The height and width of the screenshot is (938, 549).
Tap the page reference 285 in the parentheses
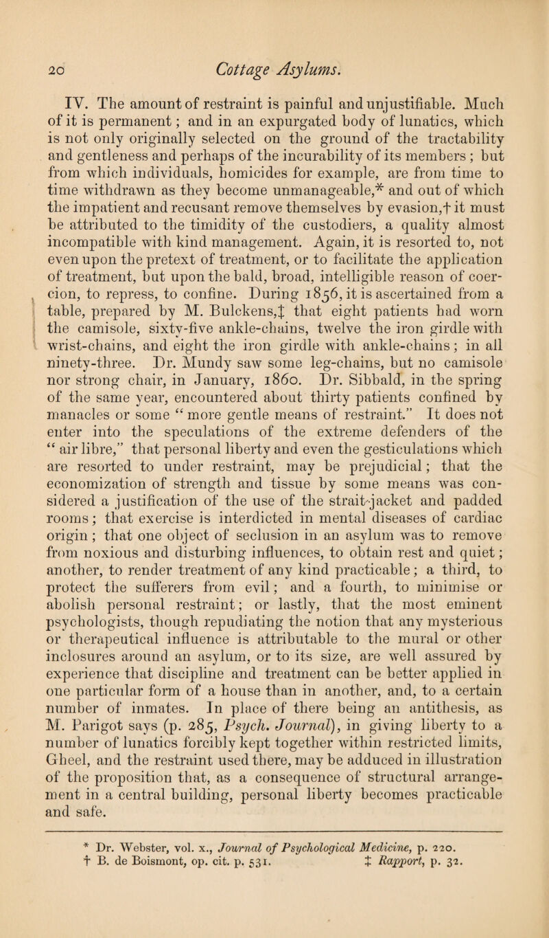[234, 763]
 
